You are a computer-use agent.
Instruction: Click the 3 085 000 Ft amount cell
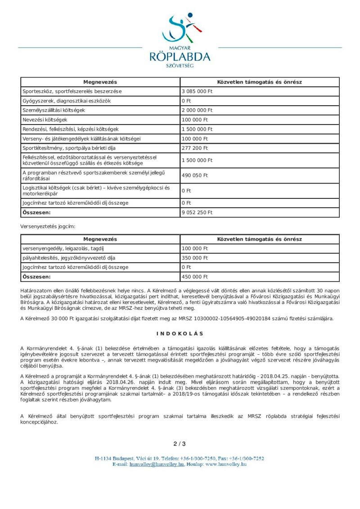click(196, 91)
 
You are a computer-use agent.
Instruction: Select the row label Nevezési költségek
click(45, 120)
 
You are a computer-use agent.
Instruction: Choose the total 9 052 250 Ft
click(197, 212)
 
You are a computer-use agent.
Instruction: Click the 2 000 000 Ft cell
click(197, 110)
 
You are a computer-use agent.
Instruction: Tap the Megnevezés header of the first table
click(100, 82)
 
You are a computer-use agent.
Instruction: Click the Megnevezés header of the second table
click(100, 239)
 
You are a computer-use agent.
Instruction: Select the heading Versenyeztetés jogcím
click(48, 226)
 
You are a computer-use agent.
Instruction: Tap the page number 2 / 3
click(180, 444)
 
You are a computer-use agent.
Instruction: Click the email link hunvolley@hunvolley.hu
click(157, 464)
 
